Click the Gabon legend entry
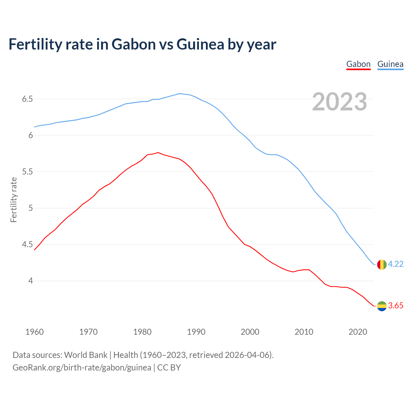click(x=358, y=64)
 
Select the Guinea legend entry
click(x=390, y=64)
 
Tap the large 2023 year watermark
click(x=339, y=102)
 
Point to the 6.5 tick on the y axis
click(x=27, y=99)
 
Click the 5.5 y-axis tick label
click(x=27, y=172)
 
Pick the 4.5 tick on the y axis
click(x=27, y=244)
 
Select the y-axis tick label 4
click(x=31, y=281)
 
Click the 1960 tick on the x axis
click(x=34, y=332)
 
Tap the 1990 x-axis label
click(x=196, y=332)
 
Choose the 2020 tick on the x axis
click(x=358, y=332)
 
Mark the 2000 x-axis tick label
click(x=250, y=332)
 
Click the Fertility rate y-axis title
click(x=14, y=200)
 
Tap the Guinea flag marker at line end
click(x=381, y=264)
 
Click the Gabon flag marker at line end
click(x=381, y=306)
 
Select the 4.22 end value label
click(x=396, y=264)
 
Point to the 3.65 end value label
click(x=396, y=306)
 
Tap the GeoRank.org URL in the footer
click(x=82, y=368)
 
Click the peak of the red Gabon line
click(x=158, y=153)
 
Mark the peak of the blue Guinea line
click(x=180, y=94)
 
